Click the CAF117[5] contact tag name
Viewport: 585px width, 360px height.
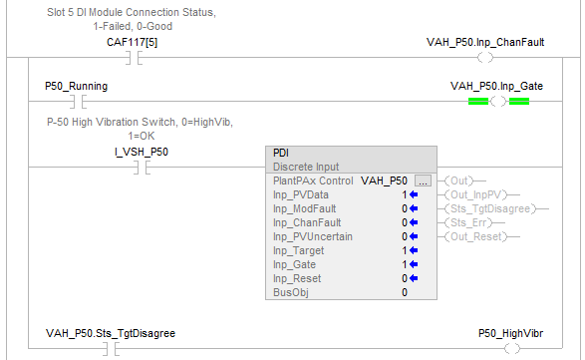pos(133,42)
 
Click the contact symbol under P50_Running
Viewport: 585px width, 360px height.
pos(79,101)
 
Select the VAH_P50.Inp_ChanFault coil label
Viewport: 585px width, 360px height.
pos(485,42)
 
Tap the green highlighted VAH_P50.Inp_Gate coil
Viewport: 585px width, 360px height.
pos(498,101)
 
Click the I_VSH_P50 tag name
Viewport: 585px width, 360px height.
pos(142,152)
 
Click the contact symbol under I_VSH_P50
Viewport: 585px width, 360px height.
pos(143,168)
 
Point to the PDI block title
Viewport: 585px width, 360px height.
pos(281,154)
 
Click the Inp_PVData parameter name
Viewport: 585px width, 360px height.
pos(301,194)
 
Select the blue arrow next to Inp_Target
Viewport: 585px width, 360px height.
pos(414,250)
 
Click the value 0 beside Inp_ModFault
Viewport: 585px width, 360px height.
pos(405,208)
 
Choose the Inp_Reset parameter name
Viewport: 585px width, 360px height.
pos(297,278)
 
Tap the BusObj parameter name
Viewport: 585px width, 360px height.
pos(291,292)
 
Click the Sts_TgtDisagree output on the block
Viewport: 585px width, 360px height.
pos(490,208)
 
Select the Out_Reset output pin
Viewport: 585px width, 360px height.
pos(475,236)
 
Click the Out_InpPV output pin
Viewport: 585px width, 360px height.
pos(475,194)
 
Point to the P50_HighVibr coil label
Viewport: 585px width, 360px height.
pos(511,333)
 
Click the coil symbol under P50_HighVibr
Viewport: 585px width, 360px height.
pos(512,349)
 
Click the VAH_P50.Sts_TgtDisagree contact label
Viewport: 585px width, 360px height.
pos(111,333)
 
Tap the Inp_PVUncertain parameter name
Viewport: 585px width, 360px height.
pos(313,236)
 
